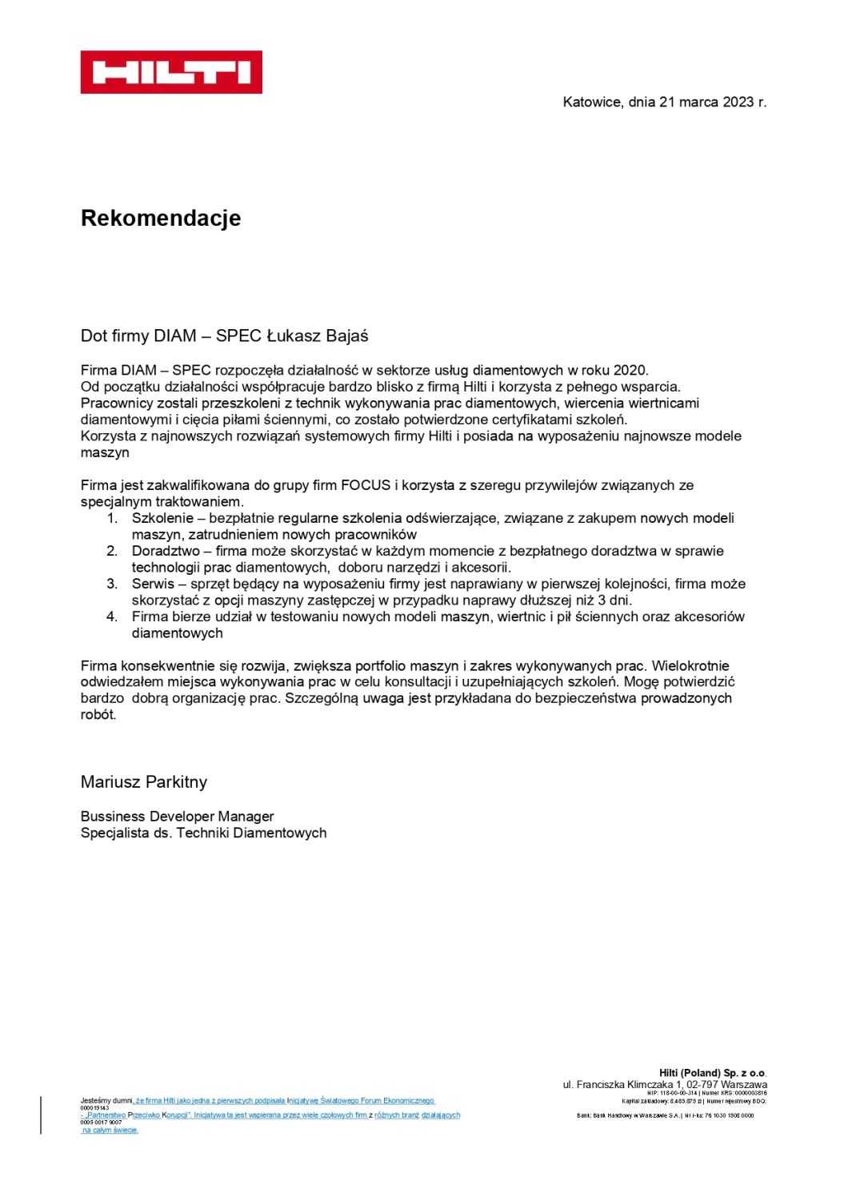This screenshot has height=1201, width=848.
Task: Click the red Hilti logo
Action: click(x=171, y=72)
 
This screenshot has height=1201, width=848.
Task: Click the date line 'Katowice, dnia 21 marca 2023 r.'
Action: click(x=664, y=102)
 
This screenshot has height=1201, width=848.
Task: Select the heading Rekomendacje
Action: click(x=161, y=218)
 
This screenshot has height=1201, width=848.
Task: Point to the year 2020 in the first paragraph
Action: click(x=630, y=370)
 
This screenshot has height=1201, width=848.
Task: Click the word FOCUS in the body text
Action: click(x=366, y=485)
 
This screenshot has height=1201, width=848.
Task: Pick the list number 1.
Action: click(x=112, y=518)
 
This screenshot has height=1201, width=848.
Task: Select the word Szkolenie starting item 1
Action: click(x=162, y=518)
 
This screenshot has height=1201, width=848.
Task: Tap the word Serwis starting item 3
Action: click(x=153, y=584)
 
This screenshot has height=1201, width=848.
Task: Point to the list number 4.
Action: click(x=112, y=617)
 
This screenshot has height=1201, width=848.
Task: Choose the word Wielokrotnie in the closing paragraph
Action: click(x=690, y=665)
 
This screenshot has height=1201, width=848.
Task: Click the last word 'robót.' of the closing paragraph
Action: click(x=98, y=715)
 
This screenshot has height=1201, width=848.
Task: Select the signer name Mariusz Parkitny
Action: click(x=144, y=782)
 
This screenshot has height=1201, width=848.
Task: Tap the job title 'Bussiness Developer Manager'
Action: click(x=177, y=817)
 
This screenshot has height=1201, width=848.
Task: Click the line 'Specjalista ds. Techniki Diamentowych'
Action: click(x=203, y=833)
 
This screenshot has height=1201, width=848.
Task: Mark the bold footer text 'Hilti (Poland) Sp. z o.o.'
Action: click(x=712, y=1073)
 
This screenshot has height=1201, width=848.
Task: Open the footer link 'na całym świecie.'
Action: click(x=110, y=1130)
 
